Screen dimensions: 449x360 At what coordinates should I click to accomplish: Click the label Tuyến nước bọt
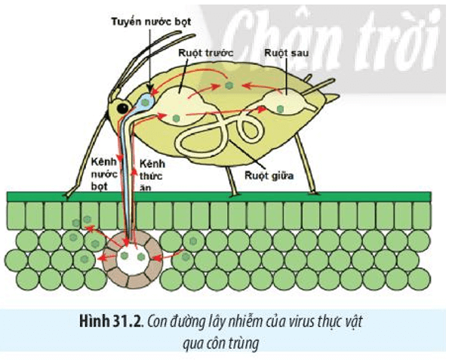151,21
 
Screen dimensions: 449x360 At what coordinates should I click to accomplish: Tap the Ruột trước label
205,53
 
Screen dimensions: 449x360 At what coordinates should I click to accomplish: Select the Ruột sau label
286,53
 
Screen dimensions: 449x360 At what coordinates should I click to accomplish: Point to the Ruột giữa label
269,175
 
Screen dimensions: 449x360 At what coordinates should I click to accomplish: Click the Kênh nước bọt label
104,174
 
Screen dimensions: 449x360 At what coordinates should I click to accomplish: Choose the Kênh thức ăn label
152,176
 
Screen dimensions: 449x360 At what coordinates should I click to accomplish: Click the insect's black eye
122,108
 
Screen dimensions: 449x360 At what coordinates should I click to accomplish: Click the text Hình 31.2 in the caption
111,322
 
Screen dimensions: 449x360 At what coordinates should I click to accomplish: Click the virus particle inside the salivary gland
146,102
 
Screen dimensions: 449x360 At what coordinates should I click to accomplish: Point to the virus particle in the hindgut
280,109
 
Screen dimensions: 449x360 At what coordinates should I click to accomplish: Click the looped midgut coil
220,132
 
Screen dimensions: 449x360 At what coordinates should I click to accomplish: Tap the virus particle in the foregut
176,118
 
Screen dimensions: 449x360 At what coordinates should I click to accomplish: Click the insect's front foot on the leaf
68,196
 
